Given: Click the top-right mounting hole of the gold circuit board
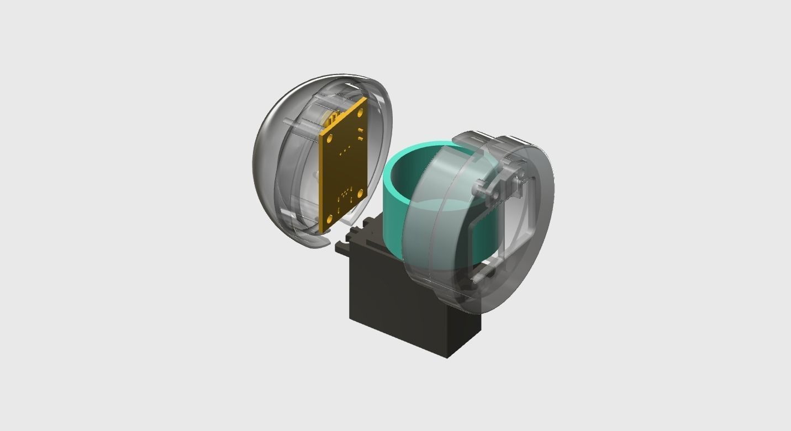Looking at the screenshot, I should tap(360, 113).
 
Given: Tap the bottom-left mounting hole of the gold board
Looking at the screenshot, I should tap(330, 220).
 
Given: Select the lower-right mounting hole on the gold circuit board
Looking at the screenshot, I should tap(360, 193).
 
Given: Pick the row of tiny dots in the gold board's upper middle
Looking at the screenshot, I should tap(345, 150).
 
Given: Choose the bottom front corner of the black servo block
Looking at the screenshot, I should tap(448, 356).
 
